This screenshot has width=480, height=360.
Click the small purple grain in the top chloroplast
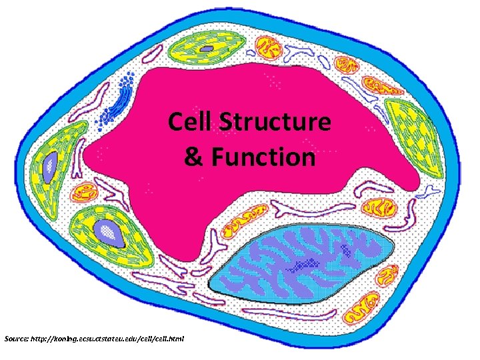pyautogui.click(x=209, y=49)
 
